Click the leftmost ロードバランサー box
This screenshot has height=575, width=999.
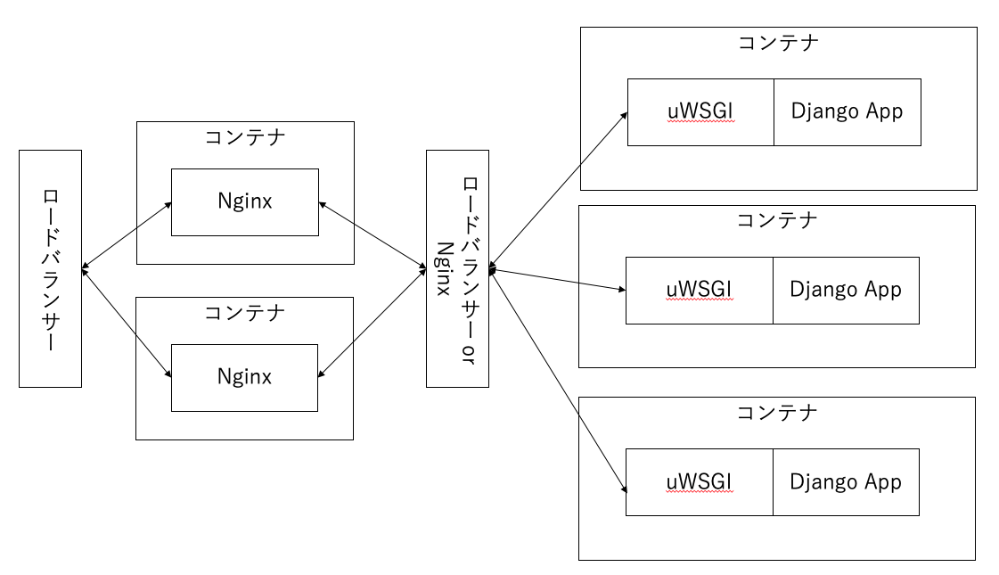(50, 268)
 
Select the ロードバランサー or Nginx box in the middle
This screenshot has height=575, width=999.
(458, 268)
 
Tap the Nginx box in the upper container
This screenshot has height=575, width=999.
(244, 202)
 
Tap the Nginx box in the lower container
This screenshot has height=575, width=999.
(244, 377)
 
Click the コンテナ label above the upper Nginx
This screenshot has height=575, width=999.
(244, 137)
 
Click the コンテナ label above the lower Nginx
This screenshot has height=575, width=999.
(244, 312)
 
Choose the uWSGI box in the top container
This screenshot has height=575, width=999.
(700, 112)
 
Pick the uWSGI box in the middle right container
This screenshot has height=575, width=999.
(699, 291)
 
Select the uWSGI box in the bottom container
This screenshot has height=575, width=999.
(699, 482)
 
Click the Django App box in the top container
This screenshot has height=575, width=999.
(847, 112)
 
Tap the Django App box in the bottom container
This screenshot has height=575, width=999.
(846, 482)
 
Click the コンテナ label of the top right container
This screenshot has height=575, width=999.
(778, 43)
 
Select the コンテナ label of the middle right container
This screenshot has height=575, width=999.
(776, 221)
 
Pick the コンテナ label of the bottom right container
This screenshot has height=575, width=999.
(776, 413)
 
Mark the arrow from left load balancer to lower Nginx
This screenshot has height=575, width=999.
(126, 322)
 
